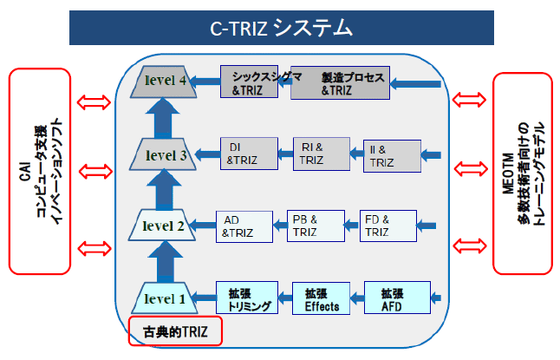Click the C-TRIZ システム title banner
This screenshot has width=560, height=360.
coord(282,28)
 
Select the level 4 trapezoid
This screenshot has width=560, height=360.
coord(164,82)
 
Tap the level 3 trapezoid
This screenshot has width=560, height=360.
coord(163,154)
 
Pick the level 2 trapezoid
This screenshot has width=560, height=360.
coord(162,225)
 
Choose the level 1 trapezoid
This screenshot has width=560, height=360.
coord(165,298)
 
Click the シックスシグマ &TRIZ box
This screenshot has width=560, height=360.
coord(249,82)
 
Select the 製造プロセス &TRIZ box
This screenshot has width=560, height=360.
coord(340,82)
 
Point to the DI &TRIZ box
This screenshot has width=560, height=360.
coord(249,154)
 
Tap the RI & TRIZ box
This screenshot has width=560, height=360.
coord(322,154)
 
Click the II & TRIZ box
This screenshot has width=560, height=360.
coord(392,156)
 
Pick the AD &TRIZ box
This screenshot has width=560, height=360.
coord(244,226)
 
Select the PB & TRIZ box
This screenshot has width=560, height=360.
coord(316,226)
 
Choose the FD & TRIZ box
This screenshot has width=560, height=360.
coord(388,226)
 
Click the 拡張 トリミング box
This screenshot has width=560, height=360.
coord(247,298)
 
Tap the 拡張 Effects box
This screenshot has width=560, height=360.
coord(321,298)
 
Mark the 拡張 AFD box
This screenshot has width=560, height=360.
coord(397,298)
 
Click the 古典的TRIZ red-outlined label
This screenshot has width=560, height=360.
coord(175,331)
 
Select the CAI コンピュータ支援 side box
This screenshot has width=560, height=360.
coord(40,171)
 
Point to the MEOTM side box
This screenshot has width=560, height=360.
coord(523,173)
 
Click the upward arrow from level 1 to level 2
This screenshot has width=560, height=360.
coord(165,262)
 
